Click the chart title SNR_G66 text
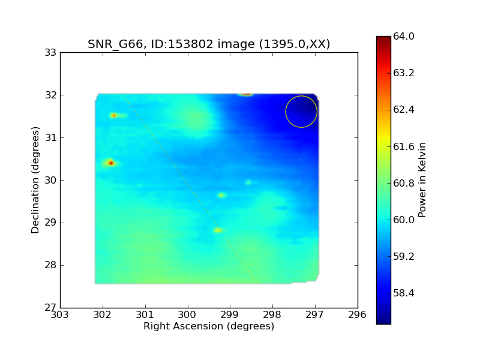115,44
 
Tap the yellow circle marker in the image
286,112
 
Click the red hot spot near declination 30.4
111,163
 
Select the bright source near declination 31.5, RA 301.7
114,115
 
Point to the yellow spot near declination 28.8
218,230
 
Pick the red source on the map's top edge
246,94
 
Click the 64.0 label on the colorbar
403,37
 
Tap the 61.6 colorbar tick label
403,146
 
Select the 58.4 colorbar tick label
403,293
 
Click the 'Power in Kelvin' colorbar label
422,179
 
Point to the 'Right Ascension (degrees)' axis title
209,326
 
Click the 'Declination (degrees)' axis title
35,180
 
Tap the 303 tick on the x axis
60,314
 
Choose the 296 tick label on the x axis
357,314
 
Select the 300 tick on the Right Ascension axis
187,314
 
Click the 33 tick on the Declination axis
51,53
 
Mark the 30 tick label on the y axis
51,181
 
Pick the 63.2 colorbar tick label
403,73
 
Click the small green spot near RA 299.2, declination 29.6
221,195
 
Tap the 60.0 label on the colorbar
403,220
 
